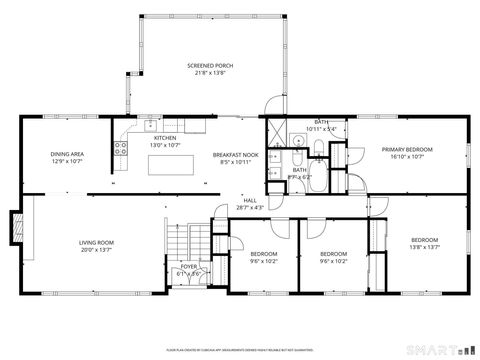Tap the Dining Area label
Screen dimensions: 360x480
[x=68, y=154]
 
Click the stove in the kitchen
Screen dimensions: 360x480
[x=121, y=149]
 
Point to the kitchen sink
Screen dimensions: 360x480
[x=150, y=125]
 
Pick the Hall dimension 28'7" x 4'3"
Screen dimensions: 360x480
[x=249, y=207]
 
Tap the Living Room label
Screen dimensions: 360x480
[x=97, y=242]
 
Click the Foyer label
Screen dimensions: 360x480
[x=188, y=267]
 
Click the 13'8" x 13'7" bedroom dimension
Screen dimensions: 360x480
[x=424, y=247]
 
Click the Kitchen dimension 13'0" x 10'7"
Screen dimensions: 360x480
[x=165, y=145]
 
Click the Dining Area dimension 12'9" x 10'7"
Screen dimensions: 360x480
[x=68, y=161]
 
